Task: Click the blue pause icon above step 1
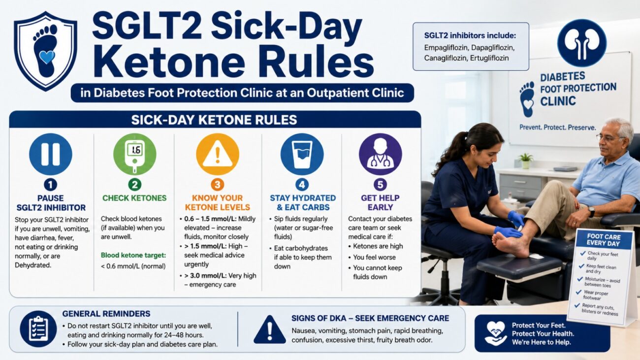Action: [51, 154]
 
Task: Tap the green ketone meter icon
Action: [134, 154]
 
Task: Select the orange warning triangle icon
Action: [218, 154]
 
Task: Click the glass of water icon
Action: [302, 154]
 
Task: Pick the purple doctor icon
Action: [380, 154]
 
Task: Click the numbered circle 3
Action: [218, 185]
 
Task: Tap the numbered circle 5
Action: [380, 185]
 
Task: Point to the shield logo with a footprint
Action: [46, 51]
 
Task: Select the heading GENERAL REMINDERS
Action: [106, 314]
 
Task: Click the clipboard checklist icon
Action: [38, 329]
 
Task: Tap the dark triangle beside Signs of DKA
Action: [269, 330]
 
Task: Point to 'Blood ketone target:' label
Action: [133, 255]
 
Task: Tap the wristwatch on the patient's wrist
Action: [591, 212]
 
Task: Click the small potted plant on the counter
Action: [525, 161]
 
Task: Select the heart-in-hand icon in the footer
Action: [496, 333]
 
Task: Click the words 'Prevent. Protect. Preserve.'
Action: [558, 128]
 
